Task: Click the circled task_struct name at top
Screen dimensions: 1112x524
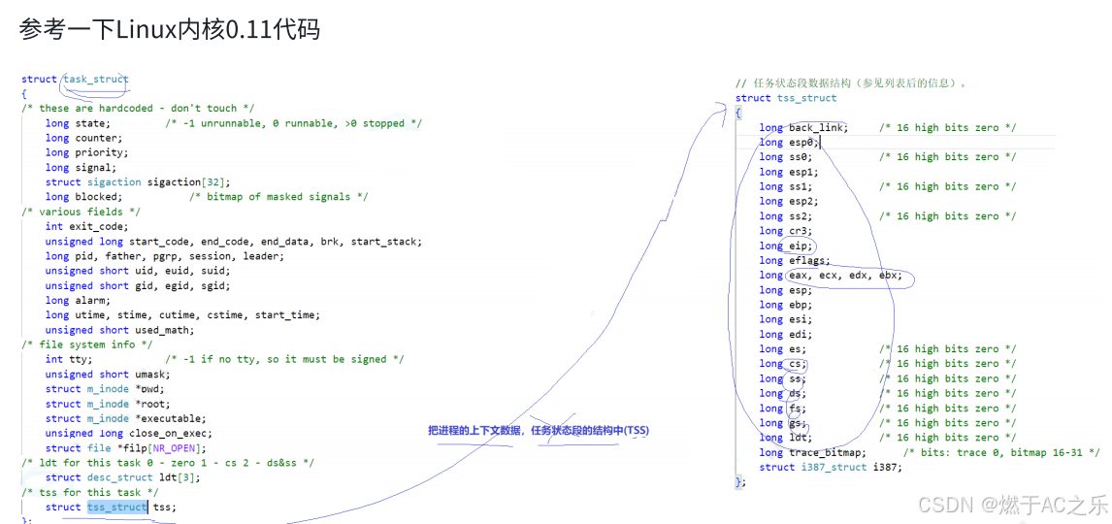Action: pos(95,80)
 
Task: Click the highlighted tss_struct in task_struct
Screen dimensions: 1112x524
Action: pos(116,507)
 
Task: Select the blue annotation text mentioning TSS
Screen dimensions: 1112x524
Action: pos(539,430)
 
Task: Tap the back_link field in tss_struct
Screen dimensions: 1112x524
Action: pos(816,128)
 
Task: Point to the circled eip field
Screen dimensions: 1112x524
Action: pos(800,246)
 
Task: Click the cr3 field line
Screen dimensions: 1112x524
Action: pos(798,231)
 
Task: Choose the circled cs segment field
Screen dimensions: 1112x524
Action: pos(796,364)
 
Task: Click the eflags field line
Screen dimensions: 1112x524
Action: pos(808,261)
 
